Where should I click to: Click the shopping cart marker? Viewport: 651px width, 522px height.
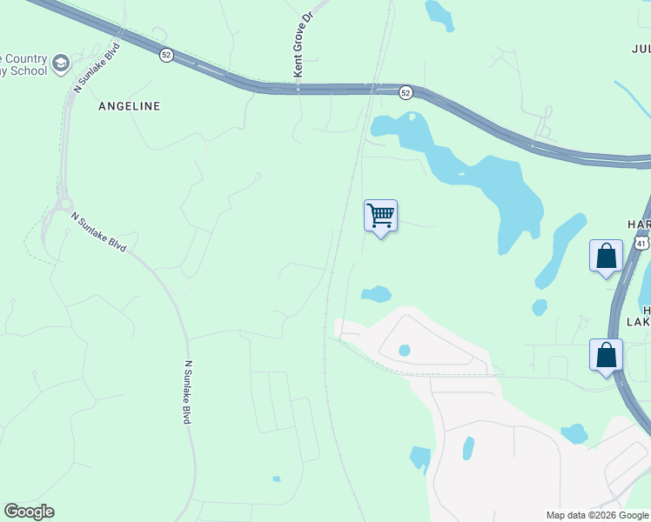[x=380, y=215]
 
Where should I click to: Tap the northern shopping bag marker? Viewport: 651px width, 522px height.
[x=606, y=256]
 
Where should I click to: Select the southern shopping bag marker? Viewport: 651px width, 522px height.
[x=606, y=355]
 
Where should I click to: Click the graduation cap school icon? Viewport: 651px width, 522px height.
[x=60, y=63]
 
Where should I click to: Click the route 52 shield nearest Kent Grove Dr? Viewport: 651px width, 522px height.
[x=406, y=92]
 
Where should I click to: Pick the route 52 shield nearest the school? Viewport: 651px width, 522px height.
[x=165, y=55]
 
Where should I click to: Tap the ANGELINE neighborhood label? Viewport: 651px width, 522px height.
[x=129, y=106]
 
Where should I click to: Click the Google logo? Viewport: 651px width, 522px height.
[x=29, y=512]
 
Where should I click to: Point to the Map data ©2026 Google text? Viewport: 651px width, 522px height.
[x=597, y=515]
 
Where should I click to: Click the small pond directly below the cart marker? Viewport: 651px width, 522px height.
[x=376, y=294]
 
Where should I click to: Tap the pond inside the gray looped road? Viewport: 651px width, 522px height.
[x=404, y=351]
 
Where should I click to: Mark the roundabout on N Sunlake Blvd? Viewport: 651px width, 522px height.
[x=62, y=205]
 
